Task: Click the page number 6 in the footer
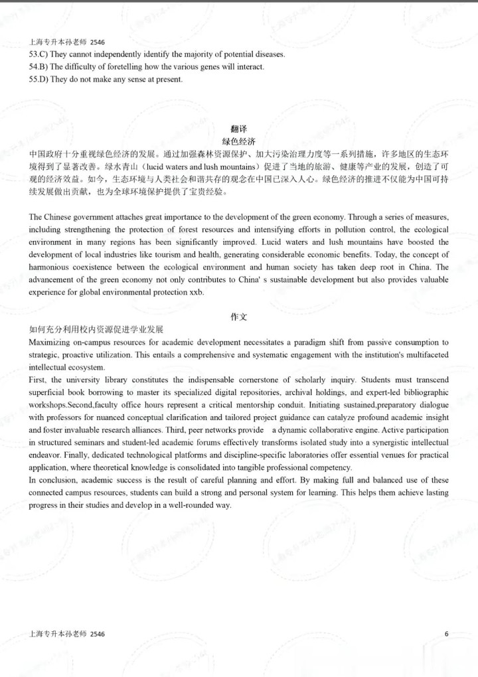click(446, 634)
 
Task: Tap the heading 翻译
click(238, 129)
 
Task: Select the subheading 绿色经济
click(238, 141)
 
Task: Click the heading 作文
click(238, 317)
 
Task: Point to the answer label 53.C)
click(42, 54)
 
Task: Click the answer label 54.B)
click(42, 67)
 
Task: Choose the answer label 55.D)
click(42, 80)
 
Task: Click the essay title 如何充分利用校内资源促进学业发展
click(96, 329)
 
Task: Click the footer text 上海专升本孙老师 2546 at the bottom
click(67, 635)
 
